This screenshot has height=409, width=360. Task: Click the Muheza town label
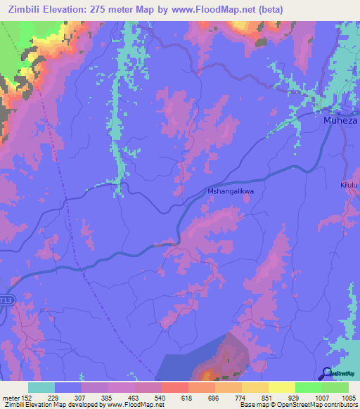pos(340,120)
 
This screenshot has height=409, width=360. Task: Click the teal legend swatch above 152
pos(41,387)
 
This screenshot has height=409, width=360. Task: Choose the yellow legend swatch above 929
pos(281,387)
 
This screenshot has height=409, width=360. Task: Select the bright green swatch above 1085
pos(335,387)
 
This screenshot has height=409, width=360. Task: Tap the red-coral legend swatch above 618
pos(174,387)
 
